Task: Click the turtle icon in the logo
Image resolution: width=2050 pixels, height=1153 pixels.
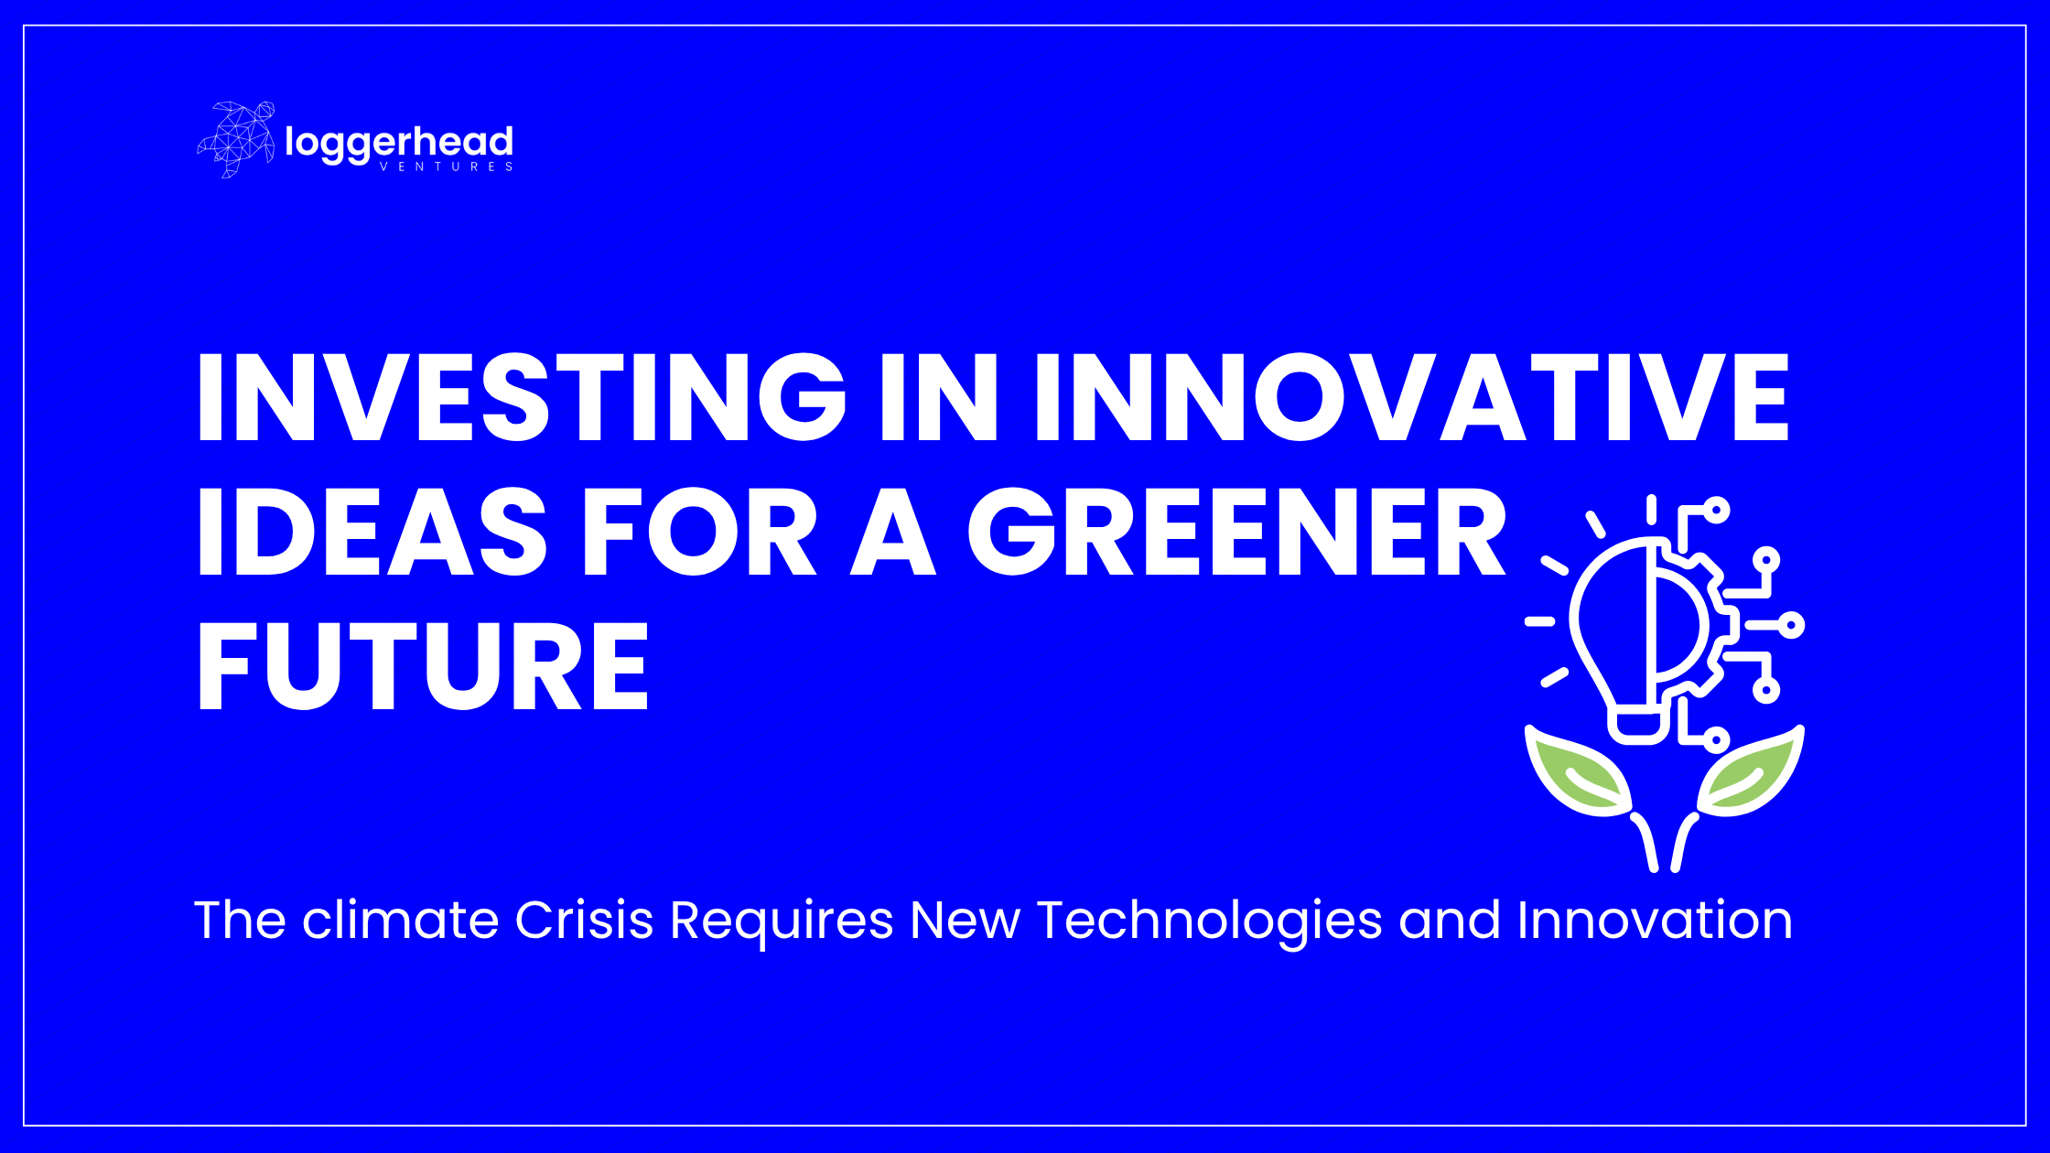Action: click(236, 139)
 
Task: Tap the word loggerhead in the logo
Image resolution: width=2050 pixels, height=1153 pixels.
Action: click(399, 144)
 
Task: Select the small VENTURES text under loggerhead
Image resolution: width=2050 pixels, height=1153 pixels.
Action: click(446, 167)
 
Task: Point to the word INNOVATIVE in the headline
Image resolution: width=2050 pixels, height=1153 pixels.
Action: click(1411, 397)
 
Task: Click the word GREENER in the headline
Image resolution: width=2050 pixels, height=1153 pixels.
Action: click(1237, 532)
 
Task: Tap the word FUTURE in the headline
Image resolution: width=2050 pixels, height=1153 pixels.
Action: click(424, 665)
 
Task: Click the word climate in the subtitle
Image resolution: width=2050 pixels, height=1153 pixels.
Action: click(400, 920)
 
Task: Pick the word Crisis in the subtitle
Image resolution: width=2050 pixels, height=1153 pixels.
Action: click(584, 920)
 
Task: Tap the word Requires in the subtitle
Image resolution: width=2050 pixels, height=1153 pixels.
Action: click(782, 922)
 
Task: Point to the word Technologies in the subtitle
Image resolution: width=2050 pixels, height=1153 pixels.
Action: click(1209, 922)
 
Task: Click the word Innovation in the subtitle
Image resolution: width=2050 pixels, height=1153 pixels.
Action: click(1655, 920)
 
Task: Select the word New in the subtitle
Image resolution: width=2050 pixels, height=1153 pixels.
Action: click(965, 920)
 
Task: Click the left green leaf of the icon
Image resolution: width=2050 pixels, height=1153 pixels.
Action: click(1577, 770)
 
